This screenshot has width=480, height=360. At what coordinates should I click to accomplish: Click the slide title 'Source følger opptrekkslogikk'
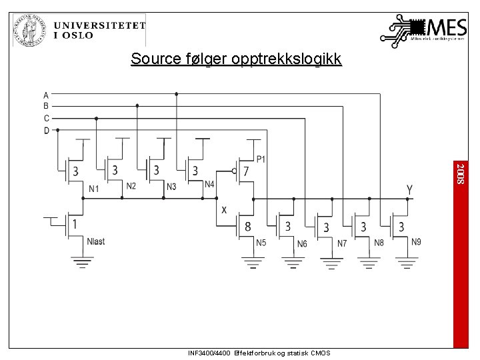pyautogui.click(x=236, y=59)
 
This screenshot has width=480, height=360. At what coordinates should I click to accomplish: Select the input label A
pyautogui.click(x=46, y=94)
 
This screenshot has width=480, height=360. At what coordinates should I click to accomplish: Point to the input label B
pyautogui.click(x=46, y=106)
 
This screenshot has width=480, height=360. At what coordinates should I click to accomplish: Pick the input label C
pyautogui.click(x=46, y=118)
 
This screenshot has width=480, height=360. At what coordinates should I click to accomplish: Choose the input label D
pyautogui.click(x=46, y=131)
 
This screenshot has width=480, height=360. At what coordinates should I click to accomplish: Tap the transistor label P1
pyautogui.click(x=261, y=159)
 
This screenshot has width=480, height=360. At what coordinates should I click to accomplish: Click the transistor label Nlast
pyautogui.click(x=95, y=241)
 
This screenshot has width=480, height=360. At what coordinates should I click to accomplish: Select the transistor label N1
pyautogui.click(x=94, y=189)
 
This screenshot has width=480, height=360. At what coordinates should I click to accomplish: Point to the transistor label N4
pyautogui.click(x=209, y=185)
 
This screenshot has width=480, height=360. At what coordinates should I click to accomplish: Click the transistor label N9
pyautogui.click(x=417, y=241)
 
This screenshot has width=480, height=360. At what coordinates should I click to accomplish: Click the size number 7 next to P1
pyautogui.click(x=247, y=171)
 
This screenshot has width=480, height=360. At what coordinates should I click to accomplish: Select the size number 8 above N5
pyautogui.click(x=247, y=227)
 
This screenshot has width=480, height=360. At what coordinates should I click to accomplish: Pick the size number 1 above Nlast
pyautogui.click(x=75, y=225)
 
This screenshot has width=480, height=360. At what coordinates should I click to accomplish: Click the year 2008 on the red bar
pyautogui.click(x=460, y=174)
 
